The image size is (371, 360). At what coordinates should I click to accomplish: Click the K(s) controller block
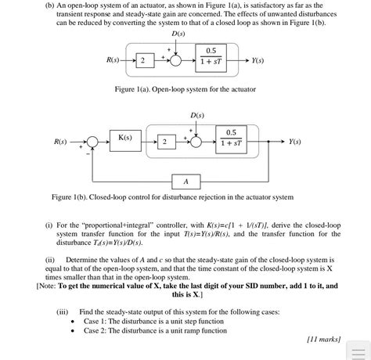coord(125,139)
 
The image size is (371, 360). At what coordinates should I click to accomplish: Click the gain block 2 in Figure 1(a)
coord(143,61)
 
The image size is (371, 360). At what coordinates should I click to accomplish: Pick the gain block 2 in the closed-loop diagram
coord(165,142)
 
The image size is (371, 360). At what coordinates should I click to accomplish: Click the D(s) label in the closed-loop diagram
coord(196,115)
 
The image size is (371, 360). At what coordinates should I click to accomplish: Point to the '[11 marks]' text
coord(322,339)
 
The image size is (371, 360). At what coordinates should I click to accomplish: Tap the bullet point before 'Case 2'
coord(73,330)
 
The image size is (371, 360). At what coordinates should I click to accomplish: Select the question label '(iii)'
coord(63,311)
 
